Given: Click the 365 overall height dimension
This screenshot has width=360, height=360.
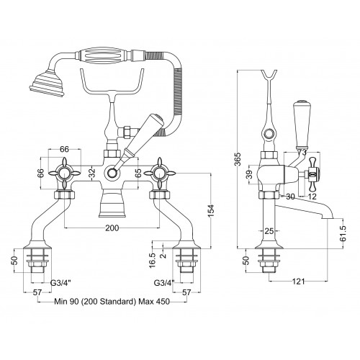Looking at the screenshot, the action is click(x=238, y=159).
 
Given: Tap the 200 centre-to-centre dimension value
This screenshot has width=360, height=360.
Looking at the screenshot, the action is click(x=112, y=228).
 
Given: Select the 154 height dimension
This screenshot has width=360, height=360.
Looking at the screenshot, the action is click(x=211, y=210).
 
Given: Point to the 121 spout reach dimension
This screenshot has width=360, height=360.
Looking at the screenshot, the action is click(x=298, y=282).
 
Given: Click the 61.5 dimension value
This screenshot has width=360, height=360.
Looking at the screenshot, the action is click(x=343, y=233).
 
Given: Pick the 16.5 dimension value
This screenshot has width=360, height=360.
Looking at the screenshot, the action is click(x=153, y=261).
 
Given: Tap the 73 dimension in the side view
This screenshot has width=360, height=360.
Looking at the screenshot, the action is click(x=302, y=152).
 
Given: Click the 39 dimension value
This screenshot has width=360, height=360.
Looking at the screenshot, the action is click(x=249, y=174).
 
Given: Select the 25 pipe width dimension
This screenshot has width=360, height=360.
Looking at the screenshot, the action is click(x=269, y=231).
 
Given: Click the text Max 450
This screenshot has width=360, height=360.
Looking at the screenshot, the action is click(x=154, y=302).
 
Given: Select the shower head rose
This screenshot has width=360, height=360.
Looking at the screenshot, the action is click(x=47, y=82).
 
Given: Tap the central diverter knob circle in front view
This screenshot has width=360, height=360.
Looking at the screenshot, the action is click(x=112, y=172).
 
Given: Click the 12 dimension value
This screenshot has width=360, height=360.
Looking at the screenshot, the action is click(x=312, y=197).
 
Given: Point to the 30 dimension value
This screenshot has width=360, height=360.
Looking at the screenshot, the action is click(x=290, y=197).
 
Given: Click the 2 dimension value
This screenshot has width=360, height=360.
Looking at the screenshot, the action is click(x=164, y=256).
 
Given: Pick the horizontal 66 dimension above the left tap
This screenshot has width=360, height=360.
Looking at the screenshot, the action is click(x=64, y=149).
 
